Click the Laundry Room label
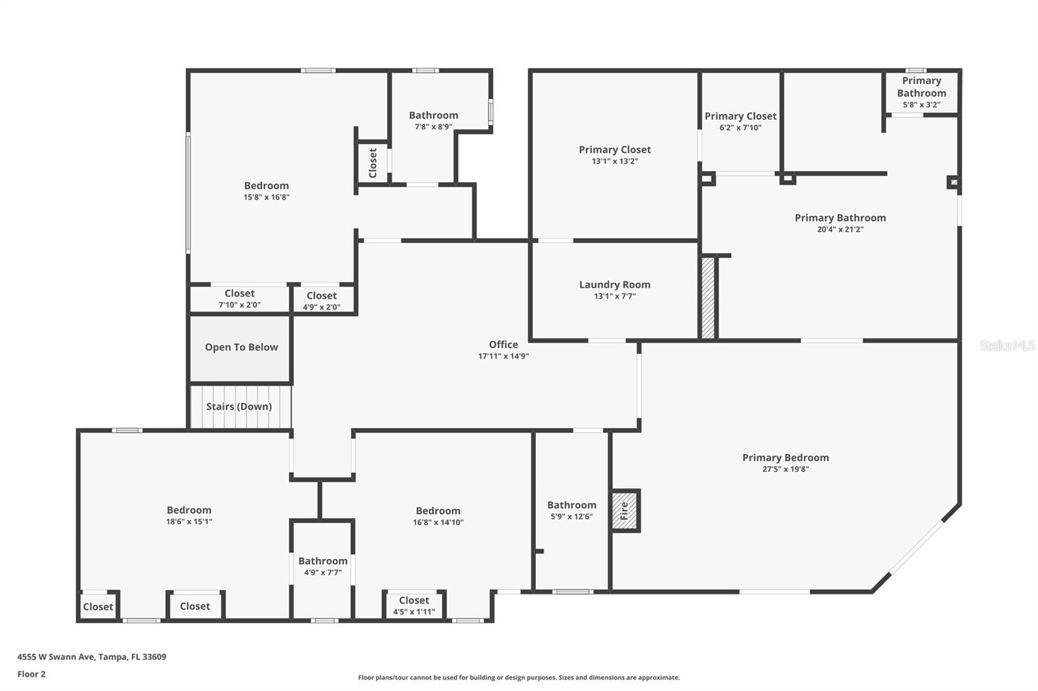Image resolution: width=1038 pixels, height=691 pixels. [x=614, y=285]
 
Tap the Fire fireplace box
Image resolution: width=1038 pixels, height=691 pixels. [x=625, y=511]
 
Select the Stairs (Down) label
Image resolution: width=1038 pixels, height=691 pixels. [x=239, y=406]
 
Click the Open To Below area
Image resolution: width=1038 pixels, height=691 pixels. [x=241, y=347]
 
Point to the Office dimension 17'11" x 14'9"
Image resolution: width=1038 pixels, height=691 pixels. [x=503, y=356]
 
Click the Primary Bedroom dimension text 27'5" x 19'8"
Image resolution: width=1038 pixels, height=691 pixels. [x=785, y=469]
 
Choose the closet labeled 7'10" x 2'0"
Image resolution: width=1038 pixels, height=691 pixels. [x=239, y=299]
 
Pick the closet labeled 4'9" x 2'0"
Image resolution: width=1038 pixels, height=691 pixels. [x=322, y=301]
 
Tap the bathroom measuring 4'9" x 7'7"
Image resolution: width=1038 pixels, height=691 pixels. [x=322, y=566]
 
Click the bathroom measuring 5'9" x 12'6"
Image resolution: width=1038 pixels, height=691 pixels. [x=571, y=510]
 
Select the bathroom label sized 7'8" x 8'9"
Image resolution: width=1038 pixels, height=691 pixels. [x=433, y=115]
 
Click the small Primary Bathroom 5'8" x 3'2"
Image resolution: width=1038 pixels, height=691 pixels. [x=921, y=91]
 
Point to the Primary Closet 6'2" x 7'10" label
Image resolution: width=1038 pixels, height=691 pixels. [x=740, y=116]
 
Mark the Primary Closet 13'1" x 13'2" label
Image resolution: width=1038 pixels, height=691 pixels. [x=614, y=150]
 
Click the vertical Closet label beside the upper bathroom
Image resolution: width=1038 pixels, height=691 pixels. [x=372, y=163]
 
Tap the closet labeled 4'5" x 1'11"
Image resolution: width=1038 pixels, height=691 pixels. [x=414, y=605]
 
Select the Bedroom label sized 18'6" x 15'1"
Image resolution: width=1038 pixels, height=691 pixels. [x=189, y=510]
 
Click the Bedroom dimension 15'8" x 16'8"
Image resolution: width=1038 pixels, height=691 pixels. [x=266, y=197]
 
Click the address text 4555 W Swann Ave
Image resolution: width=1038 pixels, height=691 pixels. [x=91, y=657]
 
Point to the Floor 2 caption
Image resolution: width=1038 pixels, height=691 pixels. [x=31, y=674]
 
